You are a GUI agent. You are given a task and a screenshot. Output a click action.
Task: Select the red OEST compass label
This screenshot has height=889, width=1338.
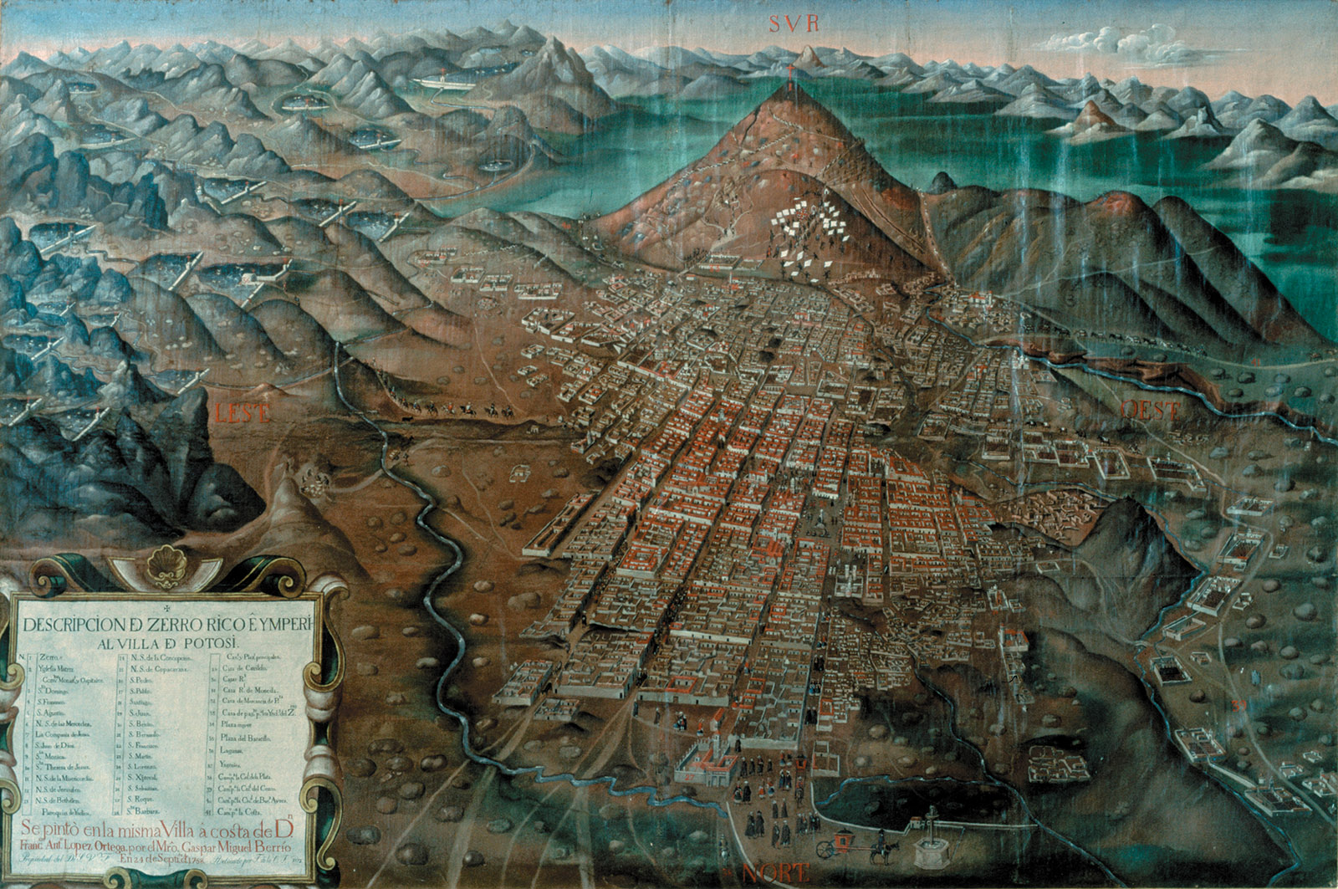[1150, 410]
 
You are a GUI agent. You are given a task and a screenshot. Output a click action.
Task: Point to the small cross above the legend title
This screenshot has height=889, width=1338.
[166, 608]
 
